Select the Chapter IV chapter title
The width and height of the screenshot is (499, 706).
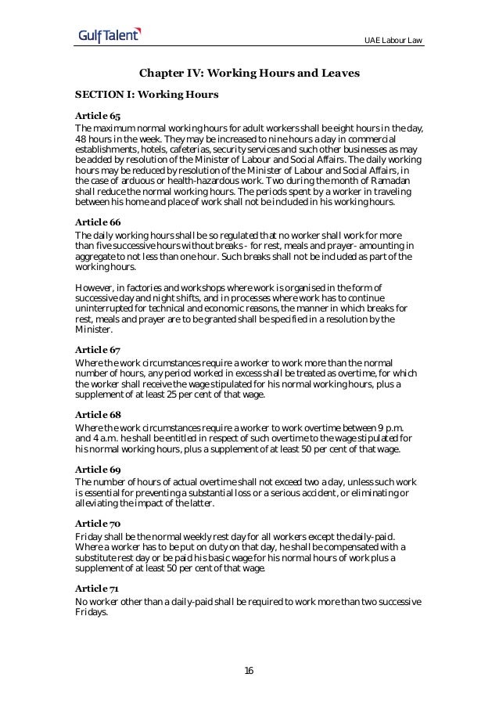[249, 74]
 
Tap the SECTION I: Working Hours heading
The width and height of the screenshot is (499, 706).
[147, 95]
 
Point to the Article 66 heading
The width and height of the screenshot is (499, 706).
[92, 222]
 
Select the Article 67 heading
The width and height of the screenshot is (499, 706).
[92, 350]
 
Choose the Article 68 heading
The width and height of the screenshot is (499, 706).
[92, 414]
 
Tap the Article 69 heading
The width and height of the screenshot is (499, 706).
[92, 467]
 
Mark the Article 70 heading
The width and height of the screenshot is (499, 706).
[92, 520]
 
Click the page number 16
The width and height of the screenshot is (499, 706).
[249, 671]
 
